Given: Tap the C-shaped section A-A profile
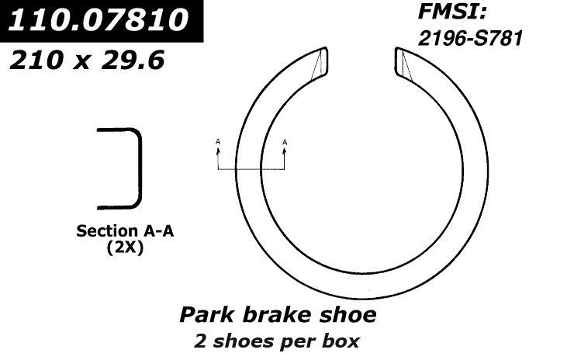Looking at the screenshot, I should pyautogui.click(x=128, y=168).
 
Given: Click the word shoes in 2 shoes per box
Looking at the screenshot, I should pyautogui.click(x=240, y=341).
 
